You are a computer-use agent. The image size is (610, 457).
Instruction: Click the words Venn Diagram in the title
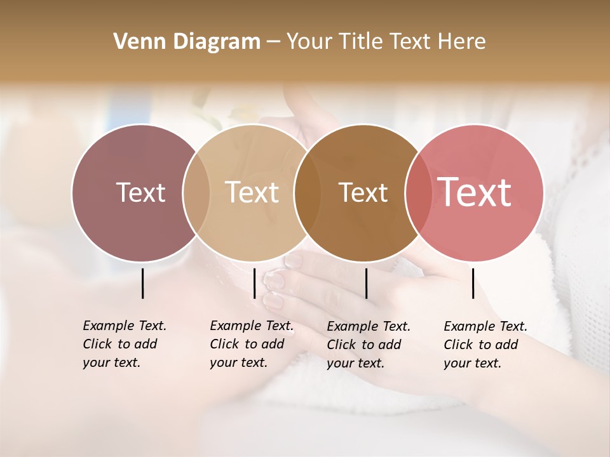187,42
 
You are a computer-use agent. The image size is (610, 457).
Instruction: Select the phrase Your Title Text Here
386,42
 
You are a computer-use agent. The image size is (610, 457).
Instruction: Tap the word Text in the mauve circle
140,192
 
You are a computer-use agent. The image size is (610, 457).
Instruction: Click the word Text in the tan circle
252,192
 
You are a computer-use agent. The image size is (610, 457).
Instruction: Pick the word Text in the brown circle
363,192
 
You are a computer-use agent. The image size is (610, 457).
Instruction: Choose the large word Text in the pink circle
475,192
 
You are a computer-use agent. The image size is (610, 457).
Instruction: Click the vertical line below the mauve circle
142,283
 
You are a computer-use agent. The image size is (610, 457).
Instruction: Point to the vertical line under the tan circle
254,283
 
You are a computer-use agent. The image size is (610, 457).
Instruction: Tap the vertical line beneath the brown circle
366,283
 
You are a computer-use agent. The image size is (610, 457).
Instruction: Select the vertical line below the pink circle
473,283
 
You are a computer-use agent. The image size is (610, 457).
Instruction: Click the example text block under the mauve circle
125,344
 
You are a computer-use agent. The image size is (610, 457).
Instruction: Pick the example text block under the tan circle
252,344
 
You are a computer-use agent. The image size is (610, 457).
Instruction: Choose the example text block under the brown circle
369,345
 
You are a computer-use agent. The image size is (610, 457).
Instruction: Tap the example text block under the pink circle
485,345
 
